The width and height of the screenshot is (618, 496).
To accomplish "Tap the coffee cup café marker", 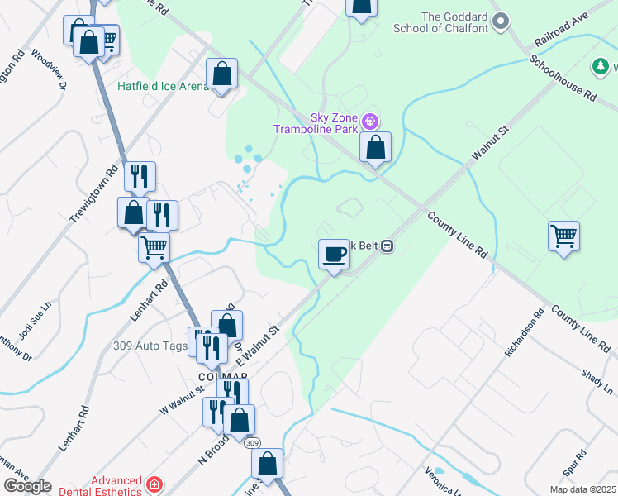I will (x=334, y=254).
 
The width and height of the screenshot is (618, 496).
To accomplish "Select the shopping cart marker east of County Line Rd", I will (x=563, y=236).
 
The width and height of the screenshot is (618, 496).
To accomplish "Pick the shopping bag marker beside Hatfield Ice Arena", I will (x=222, y=74).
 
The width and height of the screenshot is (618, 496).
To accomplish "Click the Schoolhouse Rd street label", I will (x=563, y=79).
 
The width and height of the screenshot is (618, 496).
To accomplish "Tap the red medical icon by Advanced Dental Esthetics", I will (x=154, y=484).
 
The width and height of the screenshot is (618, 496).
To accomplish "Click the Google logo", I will (x=28, y=486).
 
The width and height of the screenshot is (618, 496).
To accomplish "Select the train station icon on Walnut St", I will (x=387, y=246).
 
